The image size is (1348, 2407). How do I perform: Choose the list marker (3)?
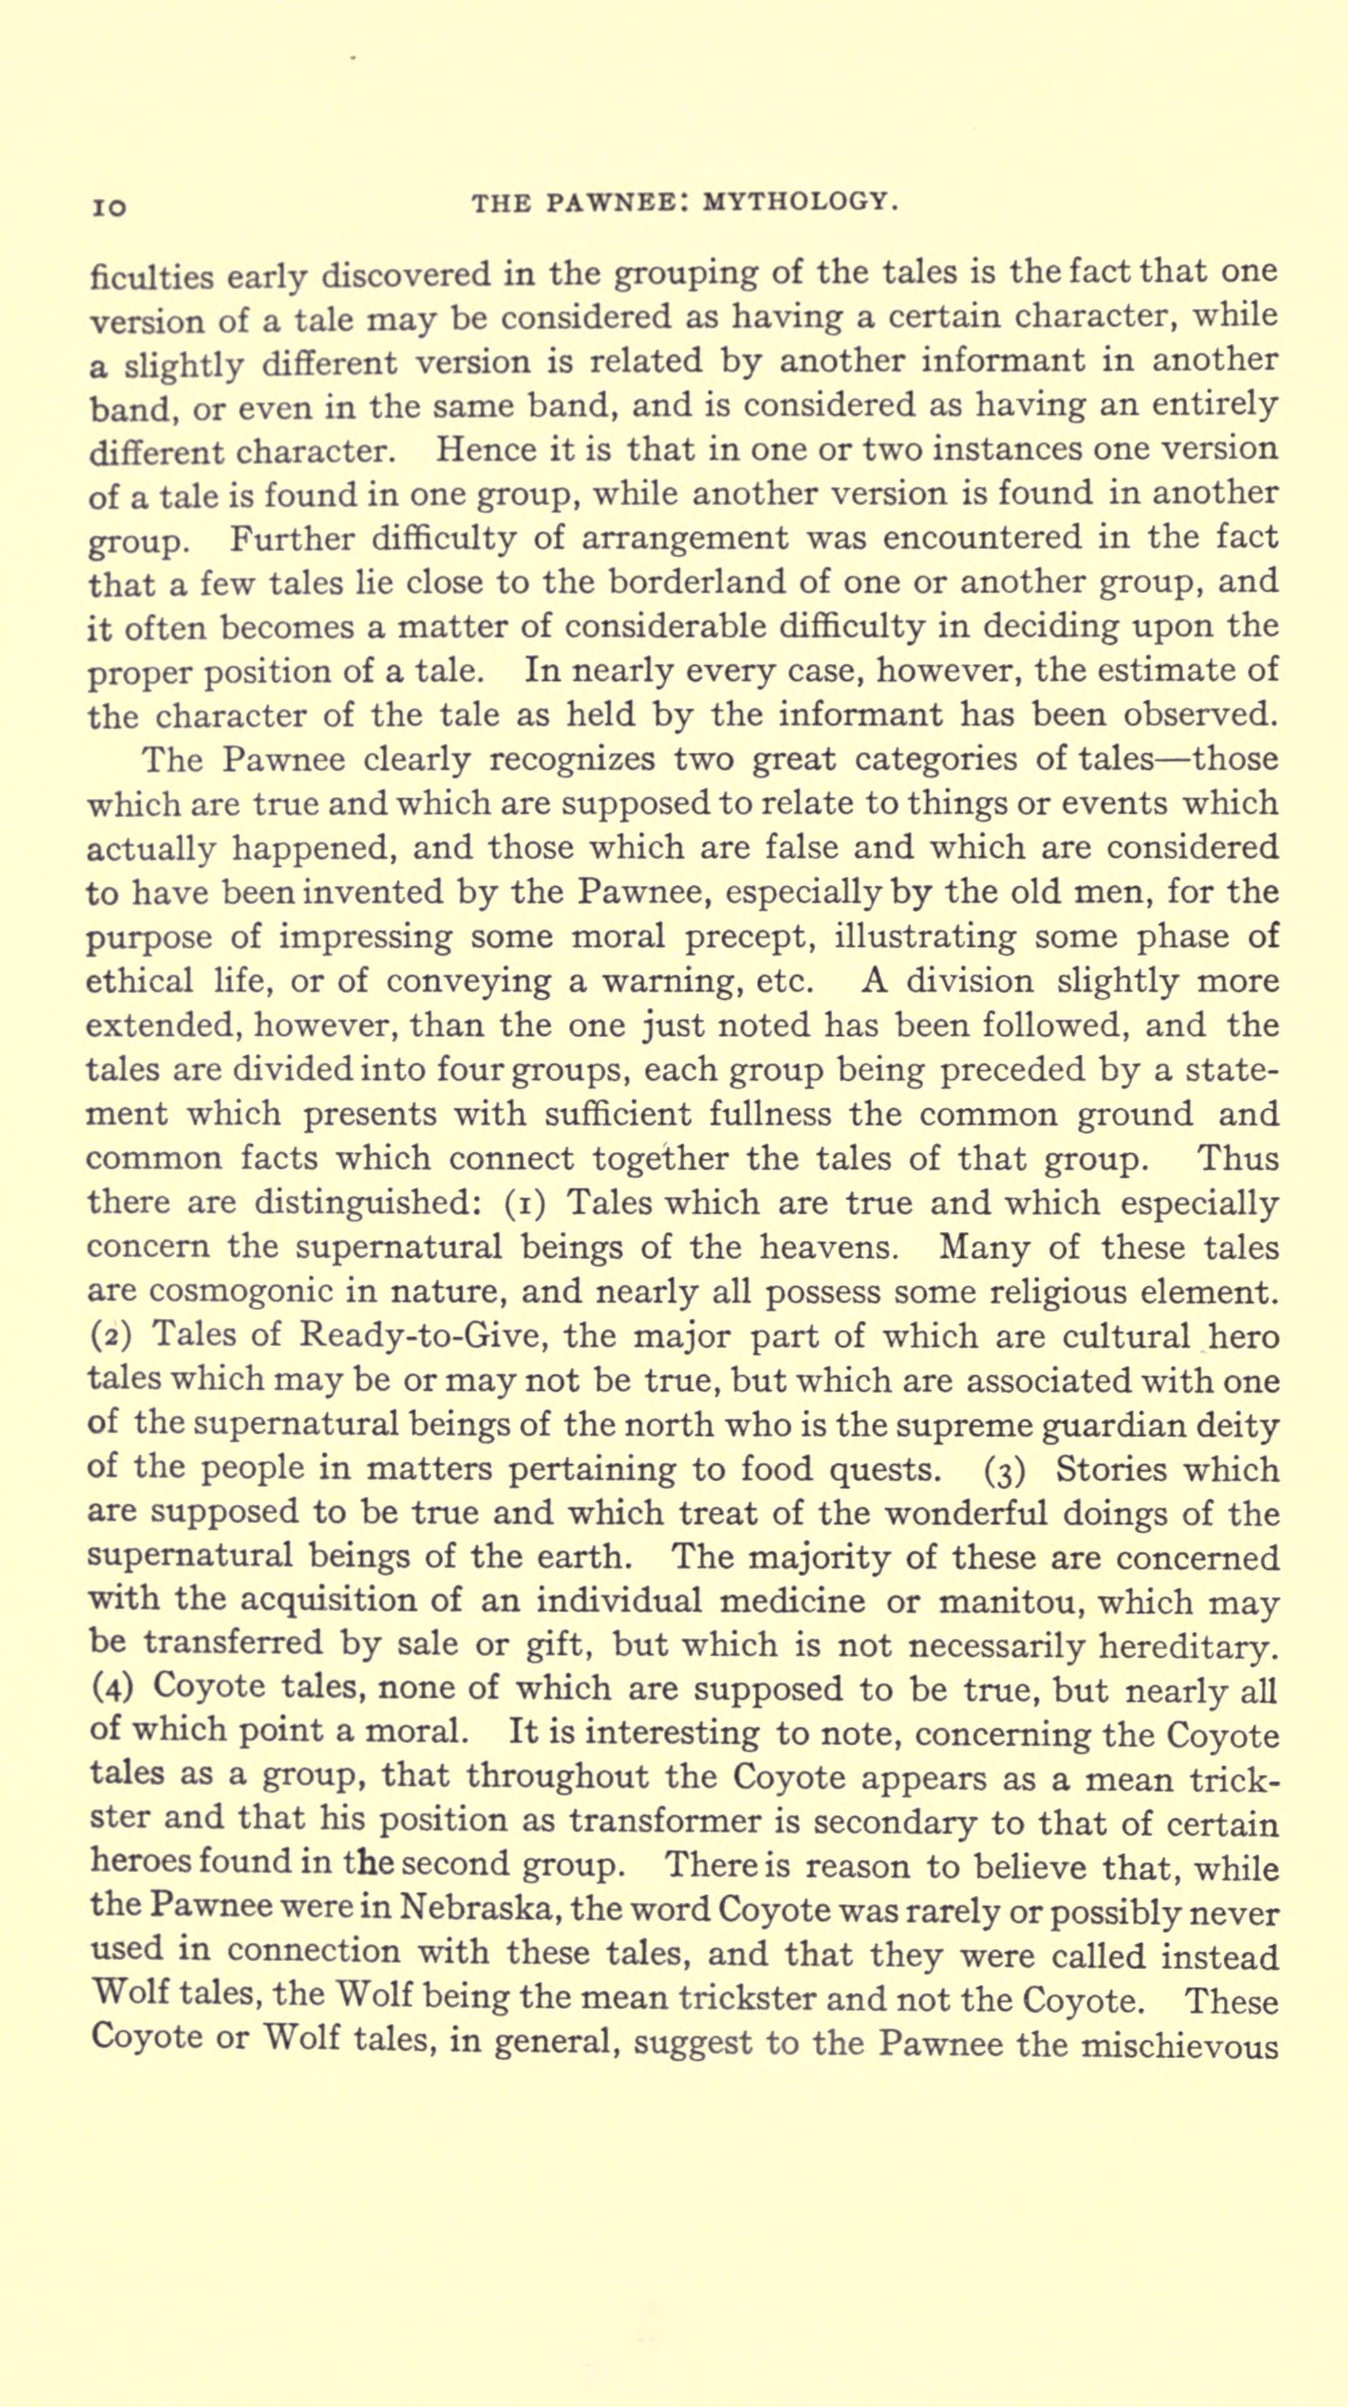[1005, 1471]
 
